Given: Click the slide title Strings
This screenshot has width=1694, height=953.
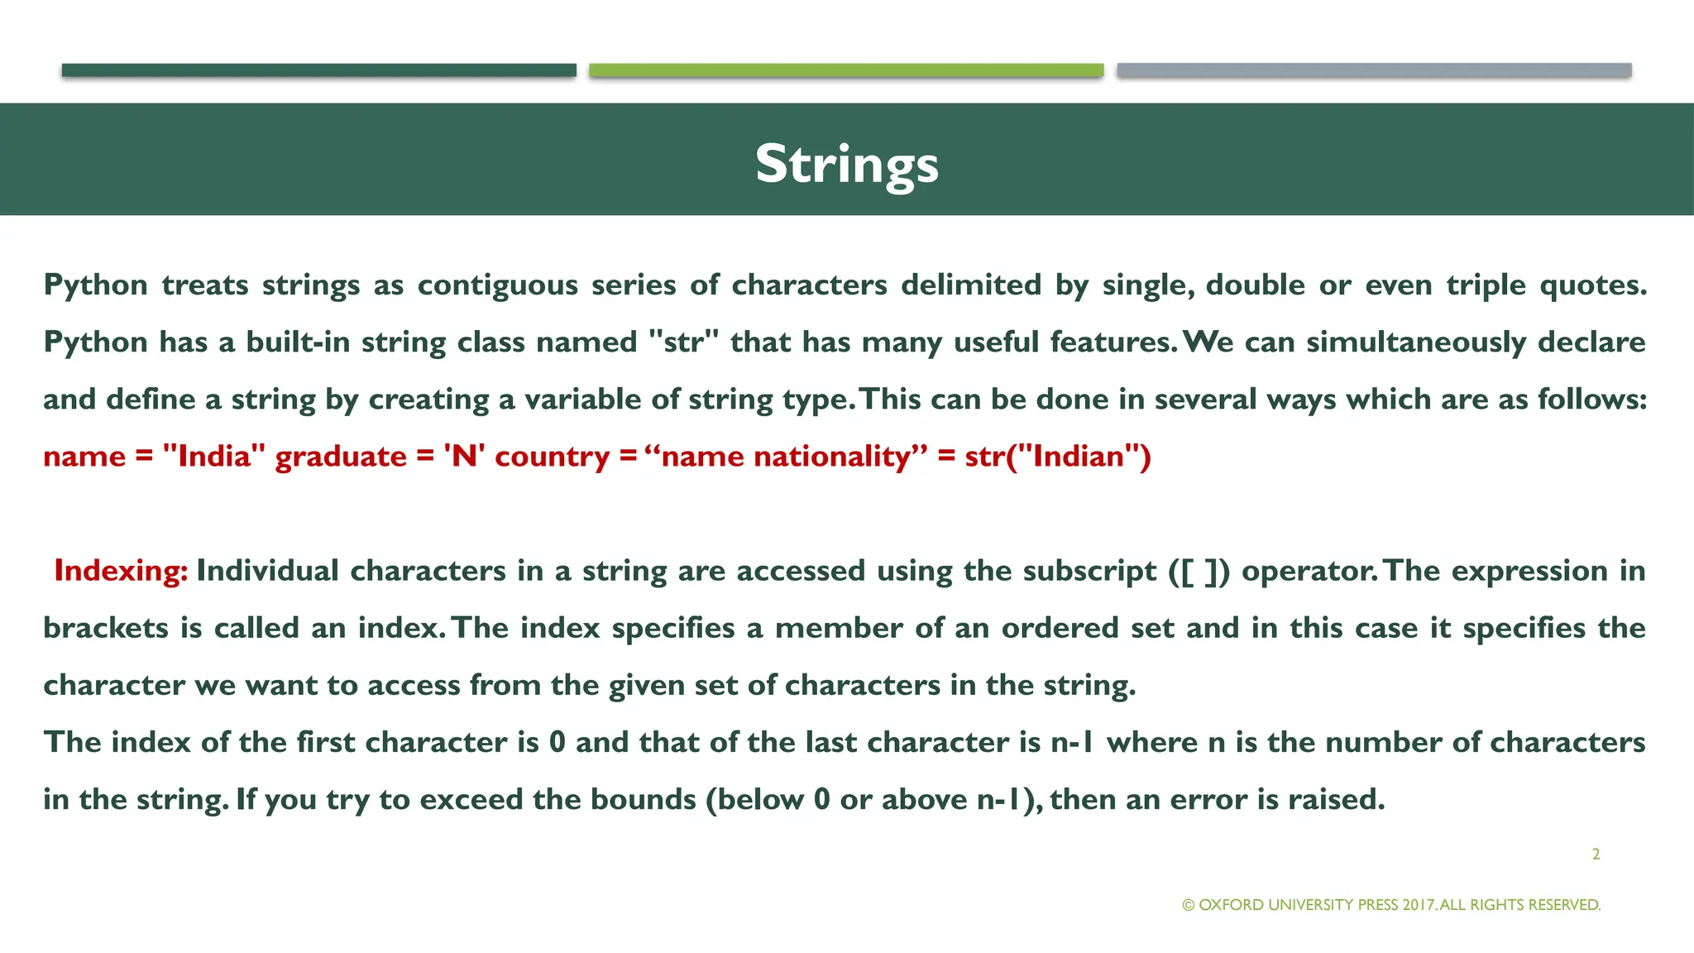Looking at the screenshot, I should (x=846, y=163).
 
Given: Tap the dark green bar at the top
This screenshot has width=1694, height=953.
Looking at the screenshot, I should (x=318, y=70).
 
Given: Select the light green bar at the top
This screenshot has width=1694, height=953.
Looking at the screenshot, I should (x=846, y=70).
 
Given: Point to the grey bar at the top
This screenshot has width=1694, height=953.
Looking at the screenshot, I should (x=1374, y=70).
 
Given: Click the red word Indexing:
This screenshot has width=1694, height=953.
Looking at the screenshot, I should (x=121, y=571).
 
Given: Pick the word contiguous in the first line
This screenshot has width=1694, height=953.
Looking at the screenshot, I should (x=497, y=285).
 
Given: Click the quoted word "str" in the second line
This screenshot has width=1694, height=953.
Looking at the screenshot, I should (x=683, y=342).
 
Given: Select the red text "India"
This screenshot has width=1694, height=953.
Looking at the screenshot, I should (x=214, y=457).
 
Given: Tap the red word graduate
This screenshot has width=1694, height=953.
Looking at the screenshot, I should (x=341, y=457).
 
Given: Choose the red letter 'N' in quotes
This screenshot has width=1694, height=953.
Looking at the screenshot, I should (x=464, y=457).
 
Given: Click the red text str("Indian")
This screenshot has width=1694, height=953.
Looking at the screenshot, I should (x=1058, y=457).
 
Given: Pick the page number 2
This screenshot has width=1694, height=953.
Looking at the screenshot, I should (x=1596, y=855).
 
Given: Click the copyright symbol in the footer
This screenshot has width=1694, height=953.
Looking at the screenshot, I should (x=1189, y=905).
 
